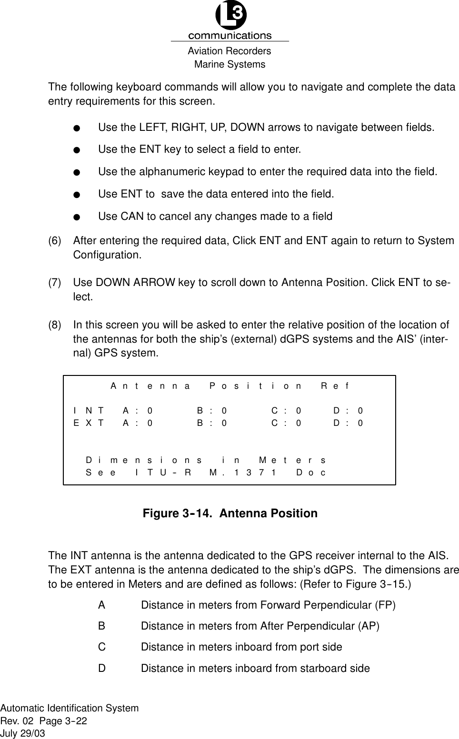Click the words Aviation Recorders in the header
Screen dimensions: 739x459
(x=229, y=51)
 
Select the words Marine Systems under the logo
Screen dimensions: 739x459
(x=229, y=64)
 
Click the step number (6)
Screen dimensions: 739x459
(x=55, y=241)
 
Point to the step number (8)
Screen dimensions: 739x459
(x=55, y=325)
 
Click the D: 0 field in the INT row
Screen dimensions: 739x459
(x=348, y=410)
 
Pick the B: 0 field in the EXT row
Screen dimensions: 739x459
(x=212, y=423)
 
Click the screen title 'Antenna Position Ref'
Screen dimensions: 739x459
(x=229, y=386)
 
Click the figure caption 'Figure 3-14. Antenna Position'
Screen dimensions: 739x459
(x=230, y=513)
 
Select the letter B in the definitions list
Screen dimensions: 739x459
(x=102, y=626)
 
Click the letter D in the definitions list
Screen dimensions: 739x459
(x=102, y=669)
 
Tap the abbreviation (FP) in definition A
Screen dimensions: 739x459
(x=385, y=605)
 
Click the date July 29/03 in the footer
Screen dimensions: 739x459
(x=23, y=733)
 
